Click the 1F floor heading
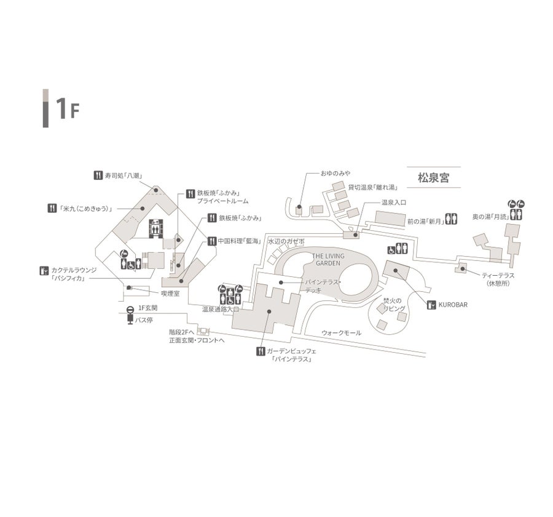point(66,109)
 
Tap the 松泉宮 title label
point(433,178)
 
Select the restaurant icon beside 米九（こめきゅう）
point(52,208)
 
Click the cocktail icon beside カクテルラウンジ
point(44,270)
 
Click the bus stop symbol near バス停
point(130,315)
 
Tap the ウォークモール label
point(342,333)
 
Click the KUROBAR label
point(453,304)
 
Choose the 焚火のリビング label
point(394,305)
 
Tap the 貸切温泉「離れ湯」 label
point(372,187)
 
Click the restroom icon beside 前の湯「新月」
point(452,219)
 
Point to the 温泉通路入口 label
point(221,310)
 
